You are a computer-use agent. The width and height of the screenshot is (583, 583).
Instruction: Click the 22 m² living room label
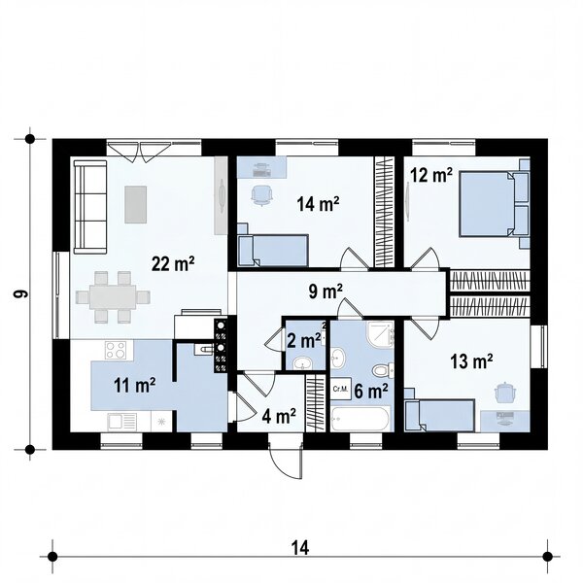pyautogui.click(x=173, y=264)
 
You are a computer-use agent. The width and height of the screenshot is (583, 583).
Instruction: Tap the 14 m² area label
pyautogui.click(x=318, y=204)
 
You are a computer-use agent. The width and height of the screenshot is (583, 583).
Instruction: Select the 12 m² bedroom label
pyautogui.click(x=431, y=175)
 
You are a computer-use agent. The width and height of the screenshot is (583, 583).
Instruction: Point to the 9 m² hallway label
pyautogui.click(x=326, y=291)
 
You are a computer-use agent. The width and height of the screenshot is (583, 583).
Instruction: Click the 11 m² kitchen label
pyautogui.click(x=135, y=385)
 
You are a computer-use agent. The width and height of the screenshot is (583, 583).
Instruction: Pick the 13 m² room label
pyautogui.click(x=471, y=361)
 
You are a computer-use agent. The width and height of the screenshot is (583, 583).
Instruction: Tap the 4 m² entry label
pyautogui.click(x=279, y=416)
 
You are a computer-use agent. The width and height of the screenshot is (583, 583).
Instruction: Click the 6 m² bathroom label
pyautogui.click(x=371, y=392)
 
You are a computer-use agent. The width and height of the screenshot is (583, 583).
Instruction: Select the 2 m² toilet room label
pyautogui.click(x=304, y=341)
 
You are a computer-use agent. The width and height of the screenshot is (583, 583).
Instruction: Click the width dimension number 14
pyautogui.click(x=300, y=548)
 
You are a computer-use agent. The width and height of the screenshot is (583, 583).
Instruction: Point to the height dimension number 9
pyautogui.click(x=20, y=293)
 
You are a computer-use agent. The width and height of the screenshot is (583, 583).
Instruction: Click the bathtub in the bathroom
pyautogui.click(x=360, y=418)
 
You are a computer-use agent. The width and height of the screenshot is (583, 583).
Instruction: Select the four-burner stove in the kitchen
pyautogui.click(x=119, y=350)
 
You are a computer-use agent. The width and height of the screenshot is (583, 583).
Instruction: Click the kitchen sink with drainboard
pyautogui.click(x=122, y=422)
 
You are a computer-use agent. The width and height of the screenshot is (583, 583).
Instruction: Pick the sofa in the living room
pyautogui.click(x=90, y=207)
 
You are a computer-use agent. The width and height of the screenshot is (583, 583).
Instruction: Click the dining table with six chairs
pyautogui.click(x=113, y=297)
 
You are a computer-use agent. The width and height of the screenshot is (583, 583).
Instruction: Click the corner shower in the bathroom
pyautogui.click(x=380, y=334)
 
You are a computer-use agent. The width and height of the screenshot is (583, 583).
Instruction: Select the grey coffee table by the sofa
pyautogui.click(x=135, y=204)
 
